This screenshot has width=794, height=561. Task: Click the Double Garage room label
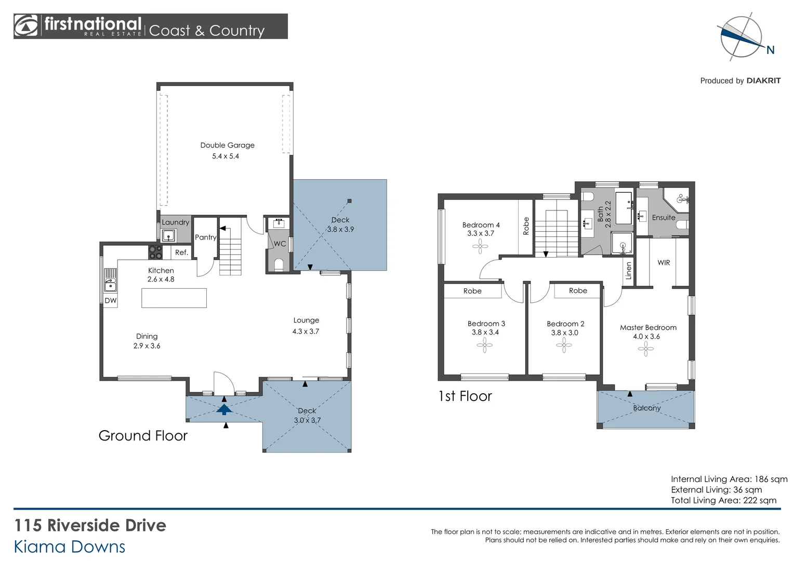pyautogui.click(x=227, y=145)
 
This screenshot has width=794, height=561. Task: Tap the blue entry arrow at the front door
pyautogui.click(x=224, y=409)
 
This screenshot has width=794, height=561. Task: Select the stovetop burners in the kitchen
pyautogui.click(x=155, y=252)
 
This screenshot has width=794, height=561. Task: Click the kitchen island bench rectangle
pyautogui.click(x=174, y=298)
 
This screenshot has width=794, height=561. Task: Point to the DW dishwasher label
pyautogui.click(x=111, y=301)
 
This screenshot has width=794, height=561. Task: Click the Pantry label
pyautogui.click(x=205, y=237)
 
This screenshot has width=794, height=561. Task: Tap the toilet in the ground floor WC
pyautogui.click(x=279, y=264)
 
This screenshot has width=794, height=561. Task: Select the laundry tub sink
pyautogui.click(x=168, y=236)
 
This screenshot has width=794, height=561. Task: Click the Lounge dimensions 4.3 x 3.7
pyautogui.click(x=306, y=331)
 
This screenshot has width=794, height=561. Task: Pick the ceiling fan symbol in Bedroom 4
pyautogui.click(x=480, y=246)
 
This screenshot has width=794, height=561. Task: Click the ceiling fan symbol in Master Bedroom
pyautogui.click(x=645, y=349)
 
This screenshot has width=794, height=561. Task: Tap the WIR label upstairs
pyautogui.click(x=664, y=263)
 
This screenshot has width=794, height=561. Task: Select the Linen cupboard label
pyautogui.click(x=629, y=271)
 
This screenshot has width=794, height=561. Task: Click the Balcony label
pyautogui.click(x=646, y=408)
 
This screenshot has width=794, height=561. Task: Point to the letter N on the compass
pyautogui.click(x=770, y=50)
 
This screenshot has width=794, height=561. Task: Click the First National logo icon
pyautogui.click(x=26, y=26)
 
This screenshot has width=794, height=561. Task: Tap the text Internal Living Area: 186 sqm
pyautogui.click(x=729, y=479)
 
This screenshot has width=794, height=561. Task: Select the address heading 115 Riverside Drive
pyautogui.click(x=90, y=526)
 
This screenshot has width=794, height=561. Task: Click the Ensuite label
pyautogui.click(x=664, y=218)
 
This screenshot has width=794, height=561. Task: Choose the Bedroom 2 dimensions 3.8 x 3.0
pyautogui.click(x=564, y=333)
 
